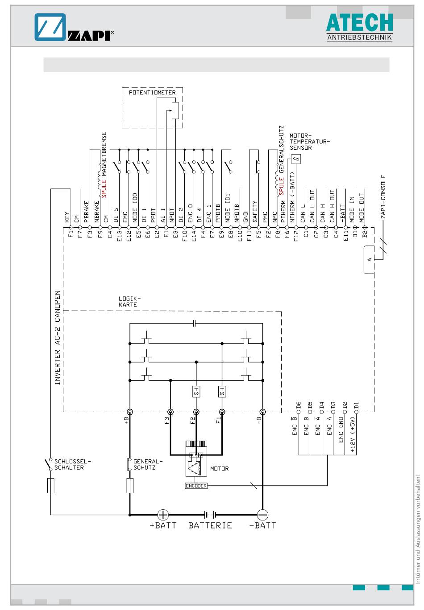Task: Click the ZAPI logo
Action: (x=74, y=27)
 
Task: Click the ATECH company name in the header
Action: (x=359, y=22)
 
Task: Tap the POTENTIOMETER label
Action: (x=152, y=93)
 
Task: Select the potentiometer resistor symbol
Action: (x=175, y=111)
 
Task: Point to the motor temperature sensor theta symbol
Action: (x=296, y=159)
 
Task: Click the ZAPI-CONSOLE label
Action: (x=383, y=196)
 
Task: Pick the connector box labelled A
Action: (x=369, y=259)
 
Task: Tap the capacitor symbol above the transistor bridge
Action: (x=195, y=323)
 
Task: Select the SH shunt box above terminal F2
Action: (x=196, y=391)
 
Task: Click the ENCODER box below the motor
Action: (x=196, y=486)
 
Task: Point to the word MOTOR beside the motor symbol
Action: (x=220, y=468)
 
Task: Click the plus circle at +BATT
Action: (x=163, y=515)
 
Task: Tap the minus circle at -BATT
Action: (x=262, y=515)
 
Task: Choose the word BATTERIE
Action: (x=210, y=525)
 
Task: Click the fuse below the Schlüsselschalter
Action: (x=51, y=486)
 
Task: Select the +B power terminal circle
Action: (x=130, y=411)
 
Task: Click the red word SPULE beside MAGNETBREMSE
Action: (x=104, y=188)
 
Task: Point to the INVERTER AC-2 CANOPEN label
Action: (x=57, y=338)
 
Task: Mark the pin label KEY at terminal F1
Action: (x=67, y=217)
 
